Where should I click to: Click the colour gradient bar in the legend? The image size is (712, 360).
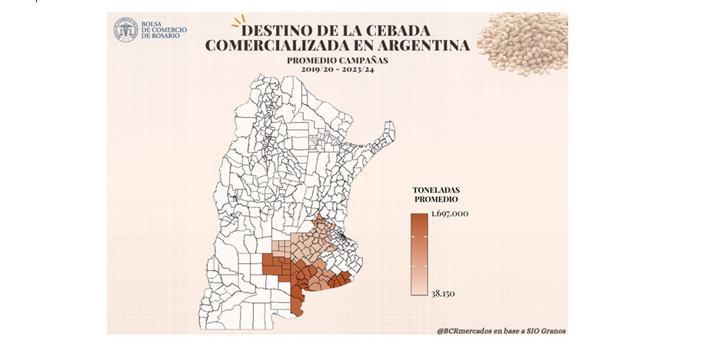tap(418, 254)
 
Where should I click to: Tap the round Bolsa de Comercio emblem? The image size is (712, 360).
tap(125, 30)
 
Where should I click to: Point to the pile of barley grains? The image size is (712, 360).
tap(521, 42)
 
